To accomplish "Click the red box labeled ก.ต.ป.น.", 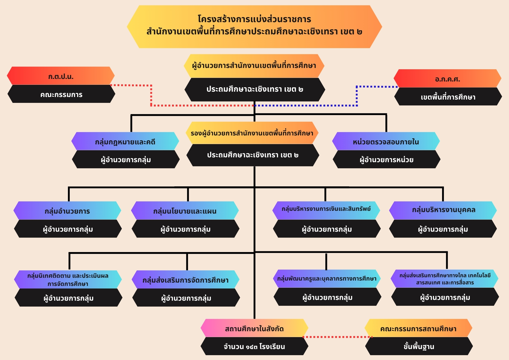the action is click(61, 76).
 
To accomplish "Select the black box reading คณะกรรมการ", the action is click(61, 94).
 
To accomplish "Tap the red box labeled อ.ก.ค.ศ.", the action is click(447, 78).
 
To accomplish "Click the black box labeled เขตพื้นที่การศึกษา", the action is click(448, 96).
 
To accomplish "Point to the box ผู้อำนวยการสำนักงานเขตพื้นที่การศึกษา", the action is click(254, 66).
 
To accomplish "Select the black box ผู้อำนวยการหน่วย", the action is click(387, 159).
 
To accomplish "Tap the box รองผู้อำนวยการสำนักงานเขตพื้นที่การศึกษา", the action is click(252, 133).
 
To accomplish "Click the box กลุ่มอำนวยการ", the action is click(67, 211).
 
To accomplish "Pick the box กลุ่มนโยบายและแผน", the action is click(185, 211).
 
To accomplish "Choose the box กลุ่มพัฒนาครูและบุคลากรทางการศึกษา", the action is click(327, 279).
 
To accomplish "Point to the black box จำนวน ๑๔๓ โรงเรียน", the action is click(254, 346).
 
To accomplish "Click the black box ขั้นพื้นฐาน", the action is click(419, 346).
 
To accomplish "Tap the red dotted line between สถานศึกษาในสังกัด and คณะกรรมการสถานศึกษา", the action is click(337, 337).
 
